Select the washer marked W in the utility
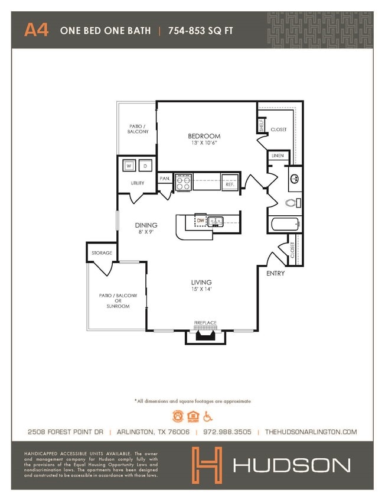pos(128,167)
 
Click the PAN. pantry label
pos(165,179)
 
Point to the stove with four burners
pos(182,182)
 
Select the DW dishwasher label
pos(201,221)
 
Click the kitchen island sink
pos(216,222)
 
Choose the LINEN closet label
pos(277,156)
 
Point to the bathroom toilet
pos(292,203)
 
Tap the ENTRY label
pos(275,273)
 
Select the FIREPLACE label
pos(205,323)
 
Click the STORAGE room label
pos(102,253)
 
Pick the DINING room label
pos(146,225)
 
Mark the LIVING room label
pos(201,283)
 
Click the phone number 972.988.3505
pos(227,432)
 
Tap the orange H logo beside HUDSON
pos(206,464)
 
